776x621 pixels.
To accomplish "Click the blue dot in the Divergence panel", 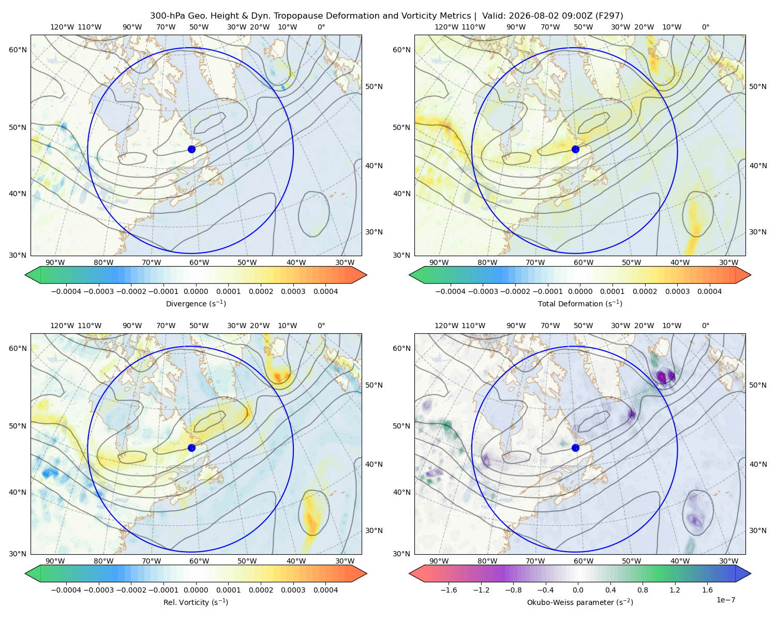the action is click(x=191, y=149).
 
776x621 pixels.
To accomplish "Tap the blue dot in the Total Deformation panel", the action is click(x=575, y=149).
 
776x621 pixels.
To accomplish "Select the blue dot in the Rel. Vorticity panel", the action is click(x=191, y=448).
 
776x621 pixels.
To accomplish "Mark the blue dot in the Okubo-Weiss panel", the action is click(x=575, y=448).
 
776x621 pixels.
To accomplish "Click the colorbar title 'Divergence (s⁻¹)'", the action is click(x=196, y=304).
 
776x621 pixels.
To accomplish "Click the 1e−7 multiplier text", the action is click(x=725, y=600).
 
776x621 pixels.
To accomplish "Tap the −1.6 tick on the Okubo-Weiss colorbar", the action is click(x=449, y=590).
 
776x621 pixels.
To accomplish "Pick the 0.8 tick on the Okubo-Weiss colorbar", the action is click(x=643, y=590).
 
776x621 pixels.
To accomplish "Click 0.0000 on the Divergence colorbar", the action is click(x=196, y=291).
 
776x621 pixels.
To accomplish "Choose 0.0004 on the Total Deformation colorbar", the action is click(x=709, y=291).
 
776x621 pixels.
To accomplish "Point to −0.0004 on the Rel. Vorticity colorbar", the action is click(x=66, y=590).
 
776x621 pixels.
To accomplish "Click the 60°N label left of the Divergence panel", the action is click(x=18, y=50).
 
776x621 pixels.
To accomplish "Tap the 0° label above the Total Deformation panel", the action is click(x=705, y=27).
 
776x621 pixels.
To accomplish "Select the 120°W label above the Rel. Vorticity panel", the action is click(x=62, y=326).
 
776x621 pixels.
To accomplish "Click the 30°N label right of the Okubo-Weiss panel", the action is click(x=758, y=530).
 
